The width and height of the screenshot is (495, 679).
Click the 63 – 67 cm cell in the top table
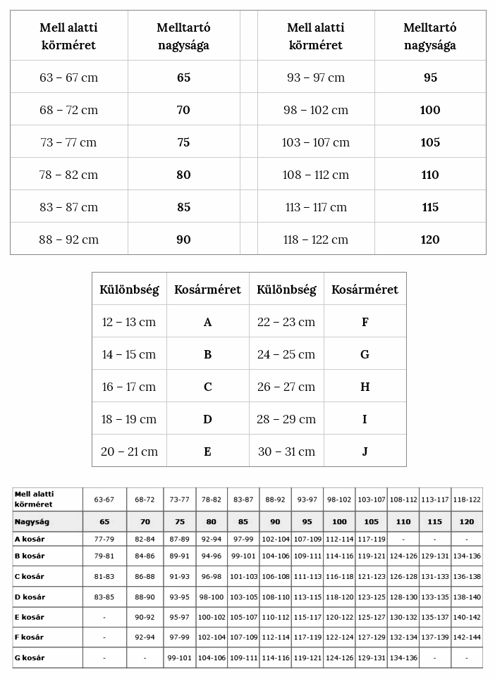68,77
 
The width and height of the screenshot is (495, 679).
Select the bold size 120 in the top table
430,239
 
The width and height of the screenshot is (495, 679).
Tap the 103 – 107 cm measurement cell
316,142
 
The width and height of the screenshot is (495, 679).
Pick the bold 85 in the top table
183,207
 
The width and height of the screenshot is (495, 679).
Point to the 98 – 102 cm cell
316,110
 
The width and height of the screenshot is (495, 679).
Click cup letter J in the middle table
365,451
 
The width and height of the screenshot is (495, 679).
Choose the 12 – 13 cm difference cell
129,322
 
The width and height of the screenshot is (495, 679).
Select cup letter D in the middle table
207,419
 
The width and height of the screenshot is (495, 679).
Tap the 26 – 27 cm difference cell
286,387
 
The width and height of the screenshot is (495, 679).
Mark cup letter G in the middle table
365,354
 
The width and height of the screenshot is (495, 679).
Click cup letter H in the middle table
365,387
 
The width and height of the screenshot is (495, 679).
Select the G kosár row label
30,658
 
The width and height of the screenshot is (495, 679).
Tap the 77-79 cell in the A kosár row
104,539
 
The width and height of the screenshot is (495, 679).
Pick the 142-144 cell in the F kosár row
466,637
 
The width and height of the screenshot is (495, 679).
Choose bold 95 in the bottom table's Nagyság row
307,522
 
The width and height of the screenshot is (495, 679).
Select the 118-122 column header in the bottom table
466,499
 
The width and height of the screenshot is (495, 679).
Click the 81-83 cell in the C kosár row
104,576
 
